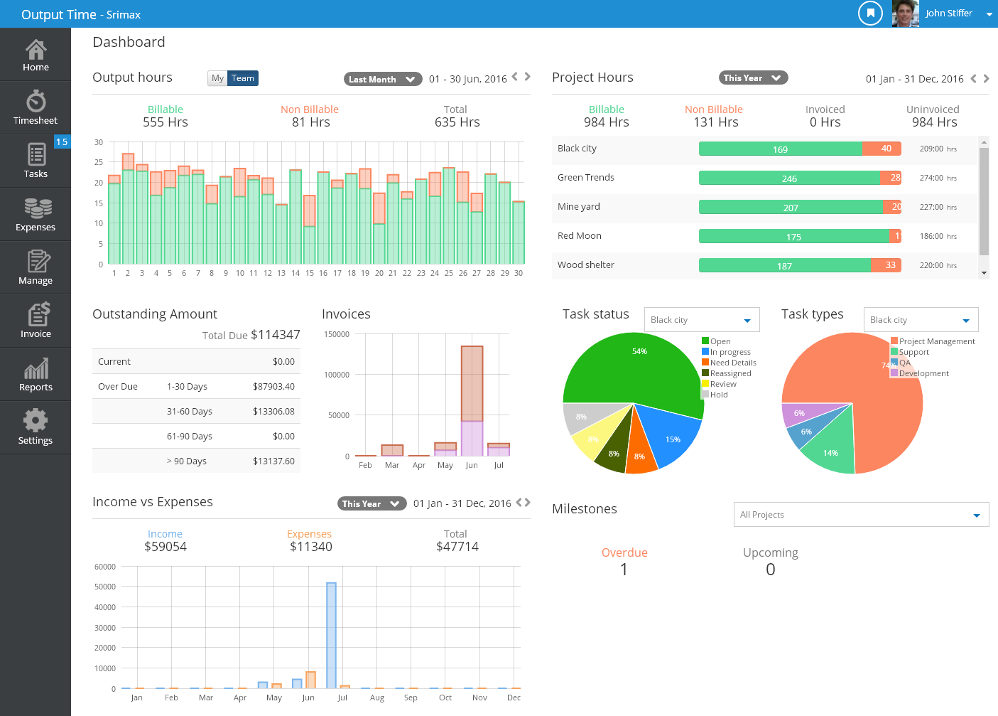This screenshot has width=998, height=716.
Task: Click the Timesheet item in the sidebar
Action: click(x=36, y=107)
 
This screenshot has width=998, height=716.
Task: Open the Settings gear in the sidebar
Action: click(x=36, y=427)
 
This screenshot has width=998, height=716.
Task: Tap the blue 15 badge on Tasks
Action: click(x=62, y=141)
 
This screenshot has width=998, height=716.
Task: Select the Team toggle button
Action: click(x=242, y=78)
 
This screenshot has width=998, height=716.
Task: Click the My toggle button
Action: click(x=217, y=78)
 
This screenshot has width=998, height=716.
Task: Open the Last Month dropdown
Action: click(x=382, y=79)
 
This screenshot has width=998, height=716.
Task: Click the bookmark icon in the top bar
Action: click(x=870, y=13)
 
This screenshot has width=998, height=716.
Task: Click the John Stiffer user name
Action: click(x=948, y=13)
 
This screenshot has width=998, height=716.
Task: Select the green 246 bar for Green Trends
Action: click(x=788, y=178)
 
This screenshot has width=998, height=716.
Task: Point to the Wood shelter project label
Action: click(x=585, y=265)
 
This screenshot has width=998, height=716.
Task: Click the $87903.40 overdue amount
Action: click(x=273, y=387)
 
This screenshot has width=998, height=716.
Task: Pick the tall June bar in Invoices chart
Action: click(x=472, y=384)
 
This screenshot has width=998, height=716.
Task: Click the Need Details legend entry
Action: click(x=732, y=363)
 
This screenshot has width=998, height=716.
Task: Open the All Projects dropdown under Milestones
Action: click(x=860, y=515)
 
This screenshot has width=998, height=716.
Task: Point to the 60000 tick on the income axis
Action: click(x=105, y=567)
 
